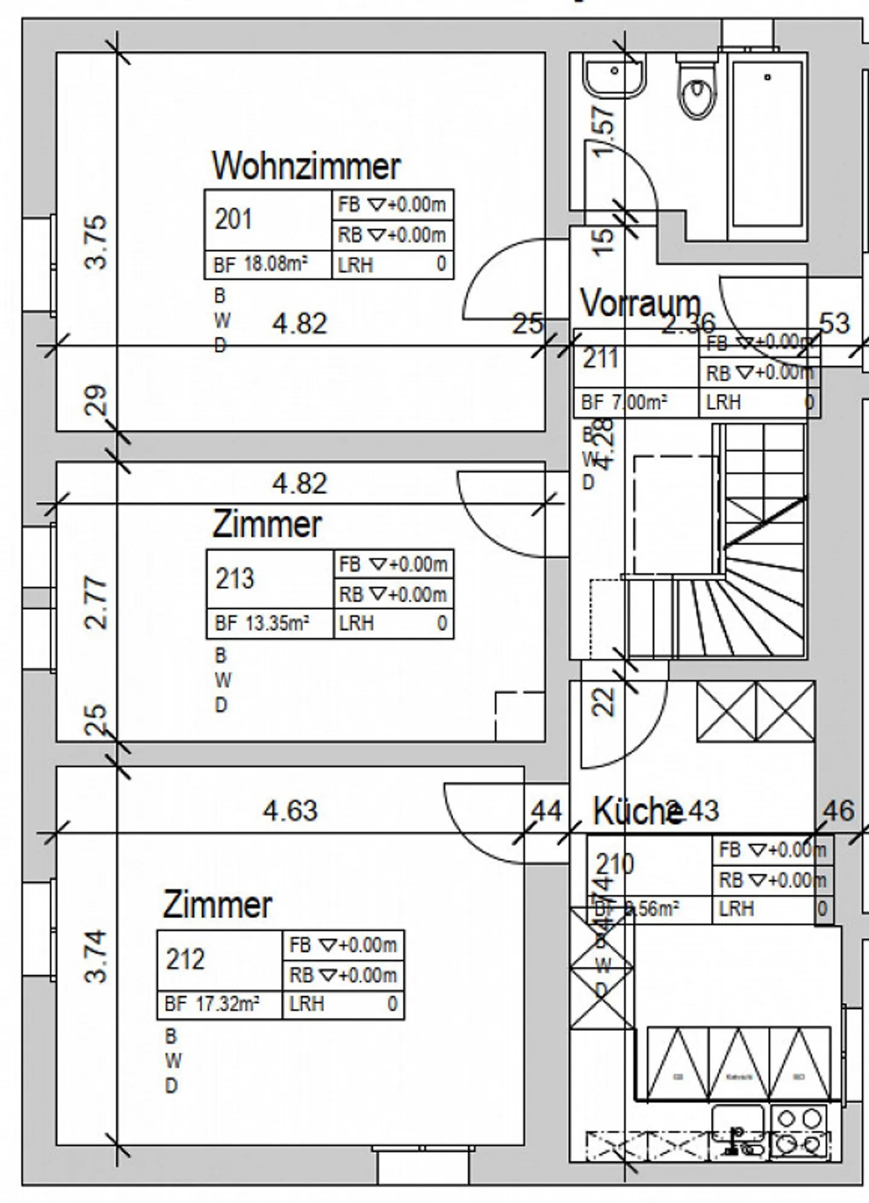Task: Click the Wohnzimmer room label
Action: (x=306, y=166)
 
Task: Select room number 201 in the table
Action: (x=234, y=219)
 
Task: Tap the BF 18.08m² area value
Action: (x=261, y=264)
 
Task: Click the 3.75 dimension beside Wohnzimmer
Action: (x=97, y=243)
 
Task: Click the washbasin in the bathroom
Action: (x=614, y=75)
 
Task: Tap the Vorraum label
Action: (x=640, y=303)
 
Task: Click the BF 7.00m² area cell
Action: (x=624, y=402)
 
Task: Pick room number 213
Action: (x=235, y=579)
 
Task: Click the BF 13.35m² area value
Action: (x=262, y=623)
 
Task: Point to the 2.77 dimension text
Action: (x=97, y=603)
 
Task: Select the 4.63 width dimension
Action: (x=290, y=811)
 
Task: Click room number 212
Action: (x=185, y=959)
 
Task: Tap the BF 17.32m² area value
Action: (x=212, y=1004)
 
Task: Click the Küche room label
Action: (x=637, y=811)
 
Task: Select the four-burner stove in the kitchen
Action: (x=798, y=1131)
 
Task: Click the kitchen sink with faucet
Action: (x=737, y=1130)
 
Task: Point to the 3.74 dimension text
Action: (x=97, y=956)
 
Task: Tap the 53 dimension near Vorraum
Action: (x=835, y=324)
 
